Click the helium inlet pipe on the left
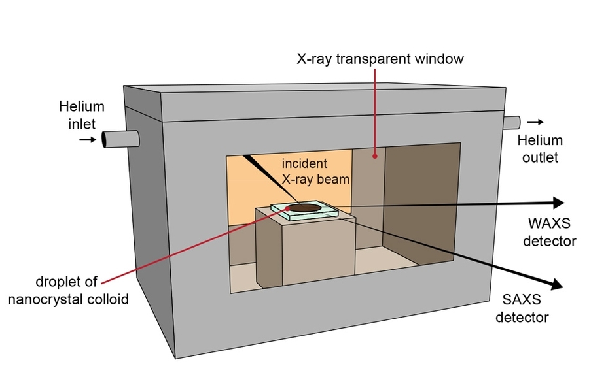point(122,139)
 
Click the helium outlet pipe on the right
point(512,122)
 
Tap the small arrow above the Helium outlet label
point(535,122)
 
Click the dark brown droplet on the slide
point(305,208)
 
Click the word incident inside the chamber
point(304,163)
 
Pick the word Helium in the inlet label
point(81,106)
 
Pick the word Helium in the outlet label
point(540,140)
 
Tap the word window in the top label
point(441,59)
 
